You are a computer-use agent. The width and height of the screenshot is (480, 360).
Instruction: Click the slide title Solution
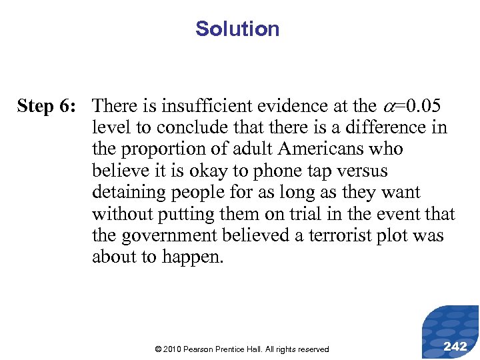tap(237, 29)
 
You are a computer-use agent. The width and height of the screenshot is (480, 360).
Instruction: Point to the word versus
tap(359, 171)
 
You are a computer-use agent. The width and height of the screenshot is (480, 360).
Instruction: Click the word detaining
tap(132, 193)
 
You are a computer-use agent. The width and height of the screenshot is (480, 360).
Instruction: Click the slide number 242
tap(455, 345)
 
